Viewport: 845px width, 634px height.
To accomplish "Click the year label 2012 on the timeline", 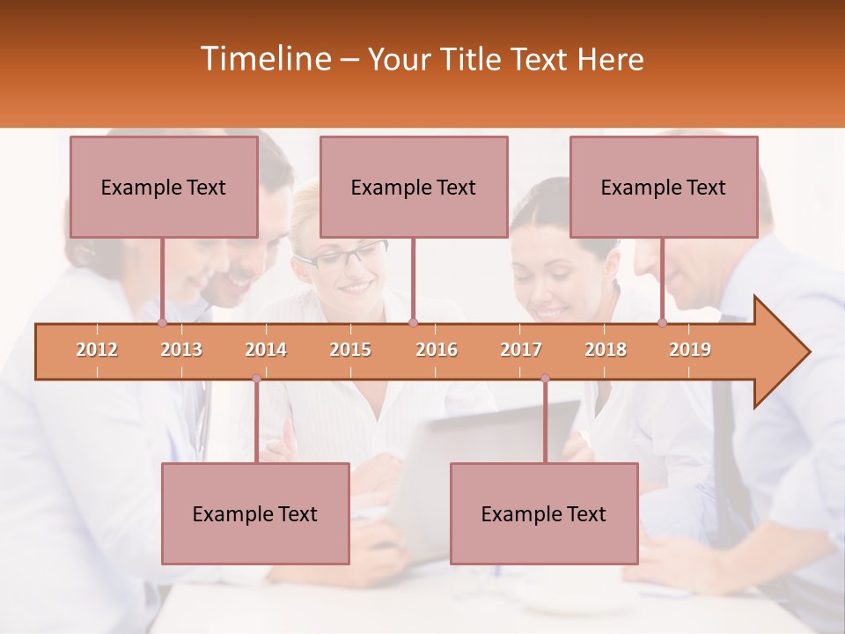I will [97, 350].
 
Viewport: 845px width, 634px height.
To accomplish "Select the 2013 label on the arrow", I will [181, 350].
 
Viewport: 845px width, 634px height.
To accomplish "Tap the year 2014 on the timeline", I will [266, 350].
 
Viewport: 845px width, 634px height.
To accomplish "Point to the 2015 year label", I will [350, 350].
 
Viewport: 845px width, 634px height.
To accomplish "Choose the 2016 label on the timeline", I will [437, 350].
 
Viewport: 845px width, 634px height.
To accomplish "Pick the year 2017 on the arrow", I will [521, 350].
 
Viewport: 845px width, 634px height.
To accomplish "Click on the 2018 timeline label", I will [606, 350].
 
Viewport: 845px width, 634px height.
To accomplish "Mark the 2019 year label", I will [690, 350].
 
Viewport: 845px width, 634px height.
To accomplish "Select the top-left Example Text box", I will [164, 187].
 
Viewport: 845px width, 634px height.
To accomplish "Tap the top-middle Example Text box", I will [414, 187].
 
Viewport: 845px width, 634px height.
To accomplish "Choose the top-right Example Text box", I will [664, 187].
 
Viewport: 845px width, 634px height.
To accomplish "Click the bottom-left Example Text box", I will [255, 513].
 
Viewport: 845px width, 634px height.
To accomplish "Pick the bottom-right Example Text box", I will [544, 513].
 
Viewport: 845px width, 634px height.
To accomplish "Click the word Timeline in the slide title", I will [265, 59].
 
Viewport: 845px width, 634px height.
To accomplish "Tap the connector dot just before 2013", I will [162, 323].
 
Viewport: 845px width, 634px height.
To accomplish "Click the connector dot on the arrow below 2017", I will [545, 379].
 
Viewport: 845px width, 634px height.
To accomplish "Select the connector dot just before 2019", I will [662, 323].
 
